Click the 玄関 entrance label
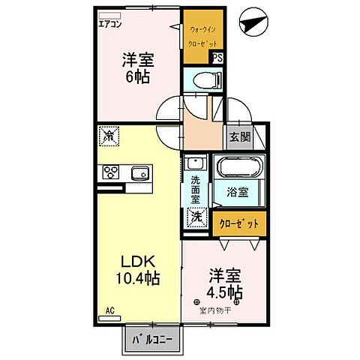click(x=240, y=136)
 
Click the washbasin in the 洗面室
click(x=195, y=163)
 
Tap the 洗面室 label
click(x=194, y=190)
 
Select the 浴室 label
click(x=238, y=192)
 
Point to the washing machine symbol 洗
click(x=195, y=216)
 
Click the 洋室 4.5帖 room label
click(x=223, y=283)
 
